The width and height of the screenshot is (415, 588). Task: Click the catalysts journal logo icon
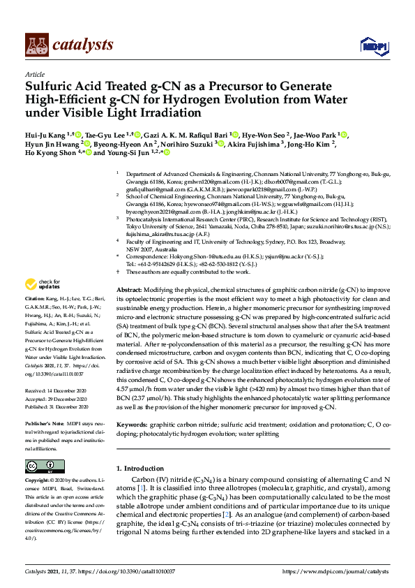coord(36,45)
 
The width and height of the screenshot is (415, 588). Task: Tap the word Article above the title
coord(35,74)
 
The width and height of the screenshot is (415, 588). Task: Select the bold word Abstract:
coord(129,289)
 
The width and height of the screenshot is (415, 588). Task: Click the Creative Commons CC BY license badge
coord(40,466)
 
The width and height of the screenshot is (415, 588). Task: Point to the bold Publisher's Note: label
coord(45,424)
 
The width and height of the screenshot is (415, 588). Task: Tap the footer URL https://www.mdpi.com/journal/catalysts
coord(331,571)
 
